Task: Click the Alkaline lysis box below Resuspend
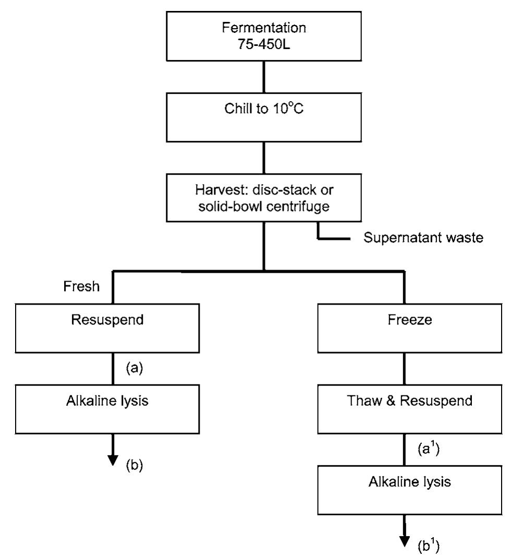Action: point(114,408)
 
